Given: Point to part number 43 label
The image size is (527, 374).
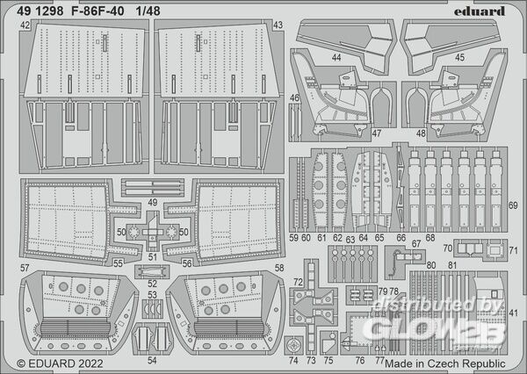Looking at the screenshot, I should tap(278, 27).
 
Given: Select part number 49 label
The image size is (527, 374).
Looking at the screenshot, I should tap(153, 202).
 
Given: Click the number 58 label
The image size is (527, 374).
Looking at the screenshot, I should tap(278, 267).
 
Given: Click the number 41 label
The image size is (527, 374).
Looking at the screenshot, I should tap(514, 313).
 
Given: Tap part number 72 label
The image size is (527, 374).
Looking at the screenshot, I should tap(298, 283).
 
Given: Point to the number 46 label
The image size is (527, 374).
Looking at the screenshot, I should tap(295, 98).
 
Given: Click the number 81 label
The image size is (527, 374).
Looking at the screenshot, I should tap(452, 265).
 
